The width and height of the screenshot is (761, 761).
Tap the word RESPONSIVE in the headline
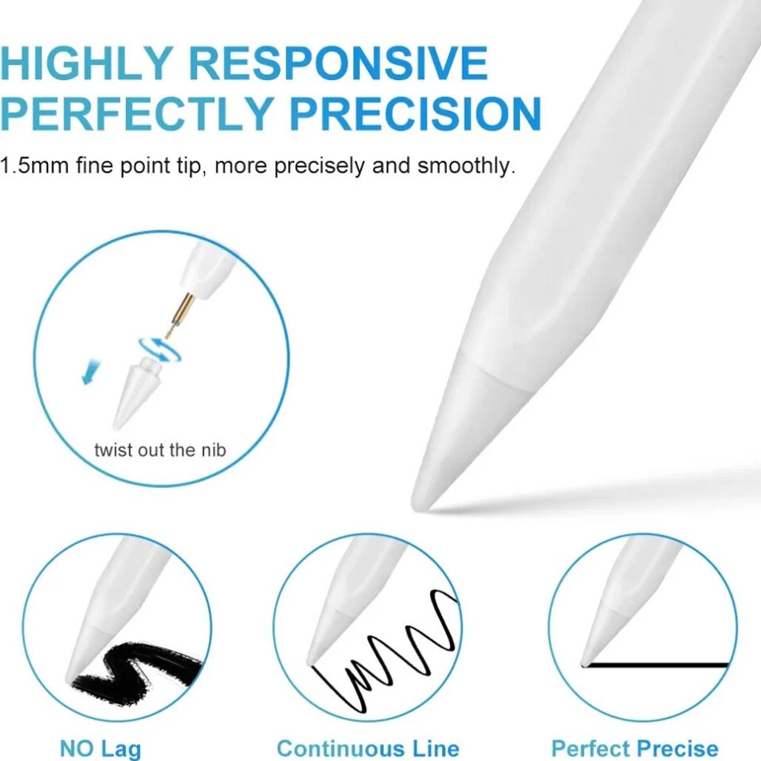[x=338, y=63]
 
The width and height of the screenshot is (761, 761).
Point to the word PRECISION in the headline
[x=415, y=113]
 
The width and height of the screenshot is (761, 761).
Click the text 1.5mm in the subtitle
[x=34, y=166]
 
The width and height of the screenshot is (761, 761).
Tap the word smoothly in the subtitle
[x=466, y=166]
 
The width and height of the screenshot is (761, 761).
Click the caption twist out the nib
[x=160, y=450]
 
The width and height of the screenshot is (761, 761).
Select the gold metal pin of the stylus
[x=179, y=315]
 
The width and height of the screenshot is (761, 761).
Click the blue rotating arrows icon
[x=159, y=349]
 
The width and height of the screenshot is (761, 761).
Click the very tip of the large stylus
[x=417, y=505]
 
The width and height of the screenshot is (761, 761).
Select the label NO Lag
[x=101, y=748]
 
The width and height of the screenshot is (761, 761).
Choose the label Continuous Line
[x=368, y=748]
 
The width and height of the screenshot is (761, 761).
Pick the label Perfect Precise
[x=635, y=748]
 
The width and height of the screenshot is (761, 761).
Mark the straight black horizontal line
[x=655, y=665]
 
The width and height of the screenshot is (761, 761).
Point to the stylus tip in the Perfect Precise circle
[x=584, y=663]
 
